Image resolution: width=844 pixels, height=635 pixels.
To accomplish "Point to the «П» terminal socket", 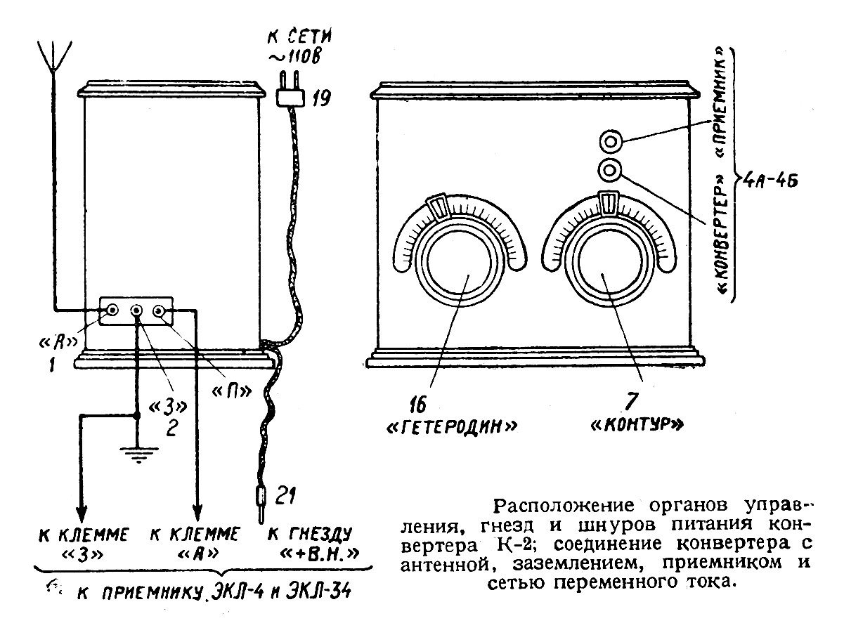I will click(x=161, y=310).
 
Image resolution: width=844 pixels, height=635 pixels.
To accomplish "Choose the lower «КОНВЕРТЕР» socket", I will click(x=609, y=169).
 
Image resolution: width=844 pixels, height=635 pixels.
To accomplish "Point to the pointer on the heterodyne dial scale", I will click(x=439, y=207).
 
